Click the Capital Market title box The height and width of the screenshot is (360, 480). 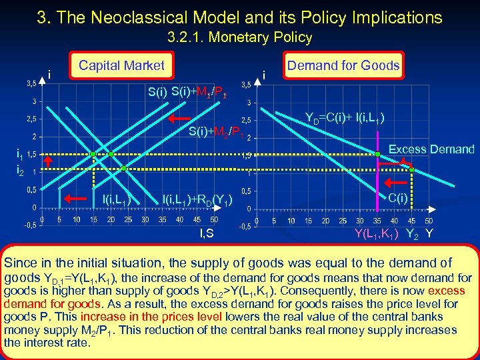click(x=121, y=65)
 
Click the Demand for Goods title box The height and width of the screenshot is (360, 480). click(x=343, y=65)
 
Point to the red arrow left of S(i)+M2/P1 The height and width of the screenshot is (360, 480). click(x=177, y=119)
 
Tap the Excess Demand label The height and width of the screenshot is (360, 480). click(x=431, y=149)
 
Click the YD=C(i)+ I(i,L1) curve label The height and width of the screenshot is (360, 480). click(x=344, y=119)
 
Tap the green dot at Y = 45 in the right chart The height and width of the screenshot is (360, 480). click(x=412, y=170)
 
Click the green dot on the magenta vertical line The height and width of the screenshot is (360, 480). click(x=377, y=154)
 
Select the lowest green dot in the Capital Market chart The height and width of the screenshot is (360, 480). click(x=95, y=161)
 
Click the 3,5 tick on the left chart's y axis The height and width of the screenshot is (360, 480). click(x=31, y=84)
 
